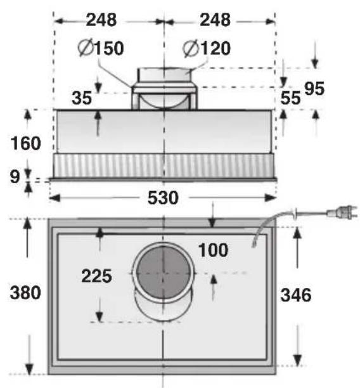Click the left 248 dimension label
tap(101, 20)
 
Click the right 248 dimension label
tap(215, 20)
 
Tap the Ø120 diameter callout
tap(206, 48)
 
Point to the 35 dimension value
tap(80, 98)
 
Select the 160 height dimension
tap(25, 144)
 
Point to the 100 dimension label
tap(212, 250)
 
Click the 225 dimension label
tap(96, 276)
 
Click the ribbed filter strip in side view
tap(163, 166)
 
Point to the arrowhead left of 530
tap(53, 198)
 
